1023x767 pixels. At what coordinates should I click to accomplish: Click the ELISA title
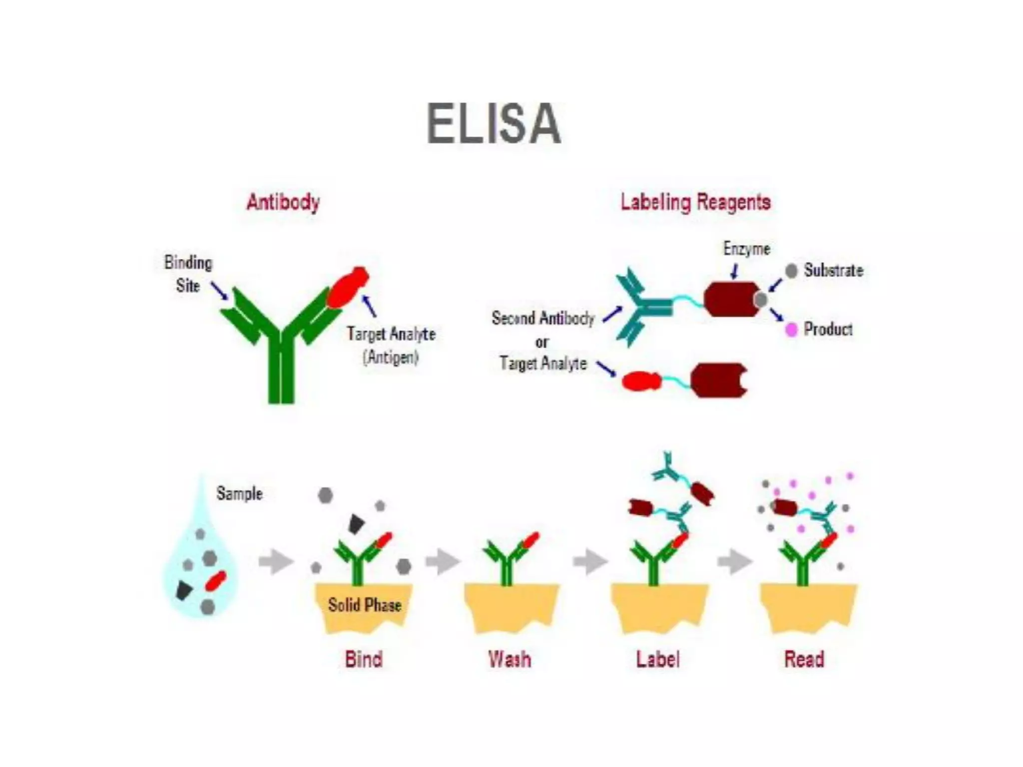(494, 123)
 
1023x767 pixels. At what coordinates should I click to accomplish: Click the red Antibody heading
(283, 202)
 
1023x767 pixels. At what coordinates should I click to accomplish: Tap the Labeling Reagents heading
(695, 202)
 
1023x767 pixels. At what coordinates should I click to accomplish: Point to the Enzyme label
(746, 249)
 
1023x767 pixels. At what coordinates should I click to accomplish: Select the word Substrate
(833, 271)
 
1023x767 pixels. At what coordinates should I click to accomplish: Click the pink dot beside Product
(791, 330)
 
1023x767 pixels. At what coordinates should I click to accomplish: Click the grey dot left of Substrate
(791, 271)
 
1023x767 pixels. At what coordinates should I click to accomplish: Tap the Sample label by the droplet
(239, 493)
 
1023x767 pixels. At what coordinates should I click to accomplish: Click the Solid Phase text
(365, 605)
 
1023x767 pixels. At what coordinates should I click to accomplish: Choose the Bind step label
(364, 659)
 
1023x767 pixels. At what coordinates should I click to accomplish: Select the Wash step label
(510, 659)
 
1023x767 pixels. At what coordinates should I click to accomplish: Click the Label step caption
(658, 659)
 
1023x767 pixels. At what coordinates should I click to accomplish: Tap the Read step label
(804, 659)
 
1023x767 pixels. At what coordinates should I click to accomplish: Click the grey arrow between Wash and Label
(590, 562)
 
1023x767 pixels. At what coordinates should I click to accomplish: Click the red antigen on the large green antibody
(348, 287)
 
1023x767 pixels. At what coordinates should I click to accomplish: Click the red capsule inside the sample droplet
(216, 581)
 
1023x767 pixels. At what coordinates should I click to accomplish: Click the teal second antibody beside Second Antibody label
(642, 307)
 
